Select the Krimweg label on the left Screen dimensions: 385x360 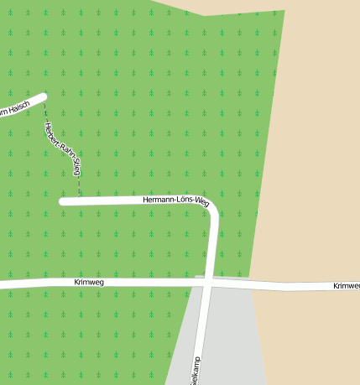(x=87, y=283)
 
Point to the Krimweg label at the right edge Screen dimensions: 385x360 (x=346, y=286)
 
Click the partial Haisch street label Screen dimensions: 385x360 (x=15, y=108)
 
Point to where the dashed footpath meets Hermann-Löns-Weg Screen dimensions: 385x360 (x=80, y=198)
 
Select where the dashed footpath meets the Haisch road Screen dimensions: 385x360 (x=44, y=101)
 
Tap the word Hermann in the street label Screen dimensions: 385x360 (x=158, y=200)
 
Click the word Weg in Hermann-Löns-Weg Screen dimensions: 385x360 (x=201, y=201)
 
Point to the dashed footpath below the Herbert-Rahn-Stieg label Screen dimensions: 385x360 (x=79, y=186)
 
